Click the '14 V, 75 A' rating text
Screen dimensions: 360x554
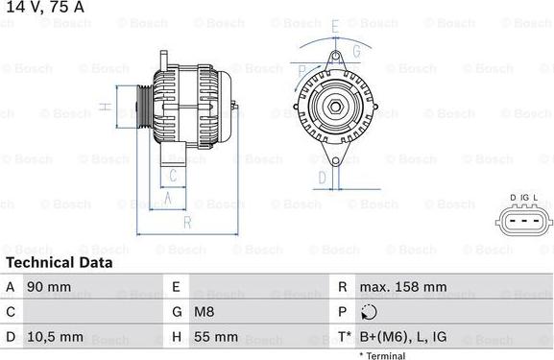[44, 9]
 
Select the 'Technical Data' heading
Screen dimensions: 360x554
[59, 262]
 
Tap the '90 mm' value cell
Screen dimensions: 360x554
[48, 287]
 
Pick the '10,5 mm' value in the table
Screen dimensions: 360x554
[53, 337]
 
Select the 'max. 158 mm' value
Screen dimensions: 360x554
[402, 287]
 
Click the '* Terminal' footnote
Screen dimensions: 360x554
[382, 355]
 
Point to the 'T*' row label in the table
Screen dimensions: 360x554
[343, 337]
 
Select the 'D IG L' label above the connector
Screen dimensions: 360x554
[523, 199]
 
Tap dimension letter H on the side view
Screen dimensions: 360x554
[105, 108]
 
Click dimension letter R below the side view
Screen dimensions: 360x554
[188, 223]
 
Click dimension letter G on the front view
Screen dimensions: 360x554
[355, 50]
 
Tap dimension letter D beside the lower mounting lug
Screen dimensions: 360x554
[323, 178]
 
